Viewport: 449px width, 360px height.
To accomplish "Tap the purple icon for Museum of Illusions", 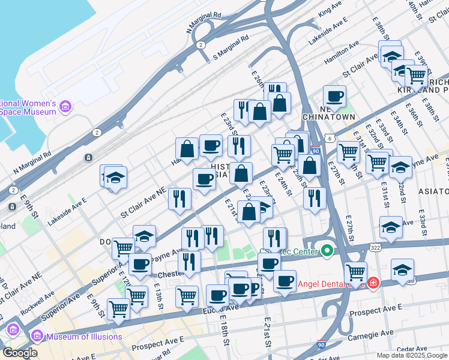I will coord(37,336).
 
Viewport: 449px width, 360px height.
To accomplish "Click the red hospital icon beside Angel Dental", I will coord(373,281).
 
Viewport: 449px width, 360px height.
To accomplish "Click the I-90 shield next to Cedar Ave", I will coord(322,346).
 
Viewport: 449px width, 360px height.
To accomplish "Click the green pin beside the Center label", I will coord(327,250).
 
